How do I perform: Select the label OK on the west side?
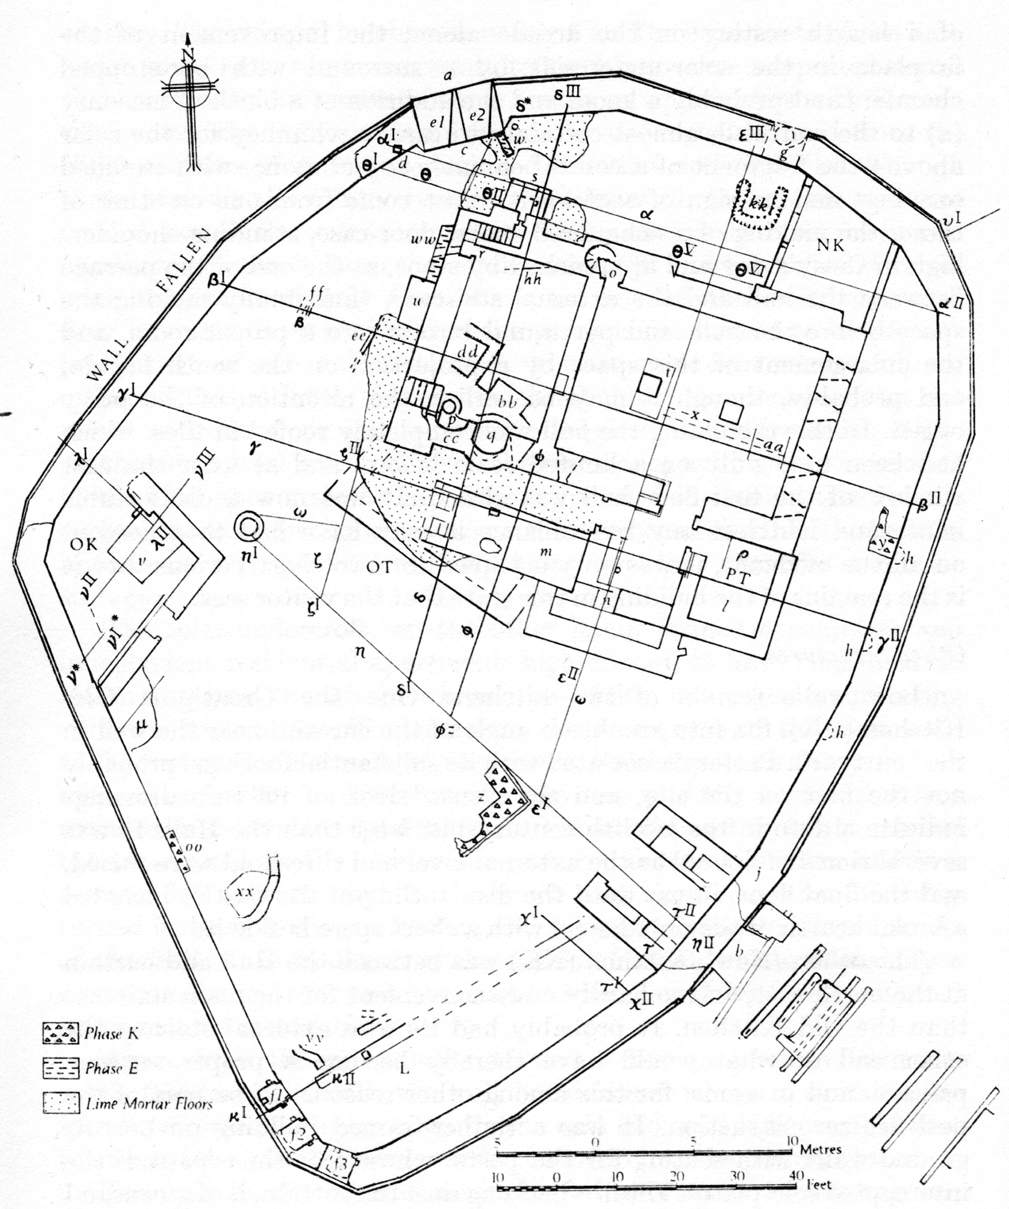[x=84, y=544]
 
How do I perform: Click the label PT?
[x=736, y=577]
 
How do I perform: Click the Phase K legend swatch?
[x=60, y=1034]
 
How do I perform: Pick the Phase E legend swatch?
[x=60, y=1068]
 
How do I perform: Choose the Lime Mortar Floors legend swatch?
[x=60, y=1102]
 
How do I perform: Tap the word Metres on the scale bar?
[x=821, y=1149]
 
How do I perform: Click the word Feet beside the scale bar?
[x=820, y=1185]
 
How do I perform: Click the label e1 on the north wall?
[x=437, y=122]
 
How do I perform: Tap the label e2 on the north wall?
[x=476, y=117]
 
